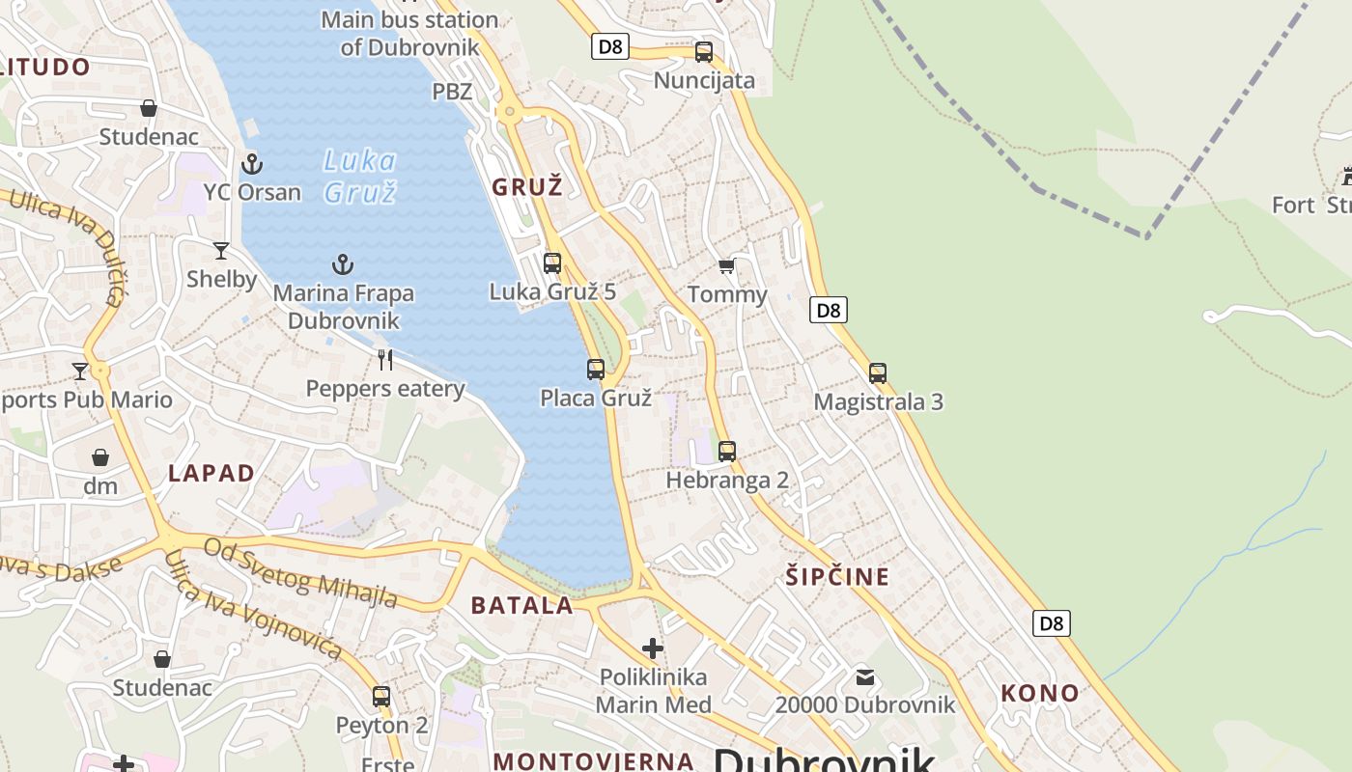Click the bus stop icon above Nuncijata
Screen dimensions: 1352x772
[704, 52]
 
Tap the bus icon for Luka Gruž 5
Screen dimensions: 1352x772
[552, 262]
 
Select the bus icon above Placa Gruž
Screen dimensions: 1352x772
[596, 369]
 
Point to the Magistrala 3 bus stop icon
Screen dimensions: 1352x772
[877, 372]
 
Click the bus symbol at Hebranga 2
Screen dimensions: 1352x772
[727, 451]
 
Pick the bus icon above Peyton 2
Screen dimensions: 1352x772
[381, 696]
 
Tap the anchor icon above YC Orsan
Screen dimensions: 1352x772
[252, 163]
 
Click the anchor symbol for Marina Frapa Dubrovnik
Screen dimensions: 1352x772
[343, 263]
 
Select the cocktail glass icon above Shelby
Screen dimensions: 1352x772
[221, 251]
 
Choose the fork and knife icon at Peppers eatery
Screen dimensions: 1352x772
[385, 360]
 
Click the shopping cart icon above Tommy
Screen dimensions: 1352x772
[726, 265]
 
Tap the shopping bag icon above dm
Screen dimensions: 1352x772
[100, 456]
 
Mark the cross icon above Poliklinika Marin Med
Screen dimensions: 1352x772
[653, 648]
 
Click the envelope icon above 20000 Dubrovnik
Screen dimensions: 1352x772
[864, 676]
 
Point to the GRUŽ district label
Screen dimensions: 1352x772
[527, 187]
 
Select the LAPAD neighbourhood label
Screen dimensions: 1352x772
[211, 473]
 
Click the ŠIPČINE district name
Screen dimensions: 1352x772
[836, 577]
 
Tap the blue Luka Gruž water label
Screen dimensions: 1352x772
[359, 176]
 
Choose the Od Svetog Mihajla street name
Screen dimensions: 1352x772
[300, 573]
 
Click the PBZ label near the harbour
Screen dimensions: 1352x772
[452, 92]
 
